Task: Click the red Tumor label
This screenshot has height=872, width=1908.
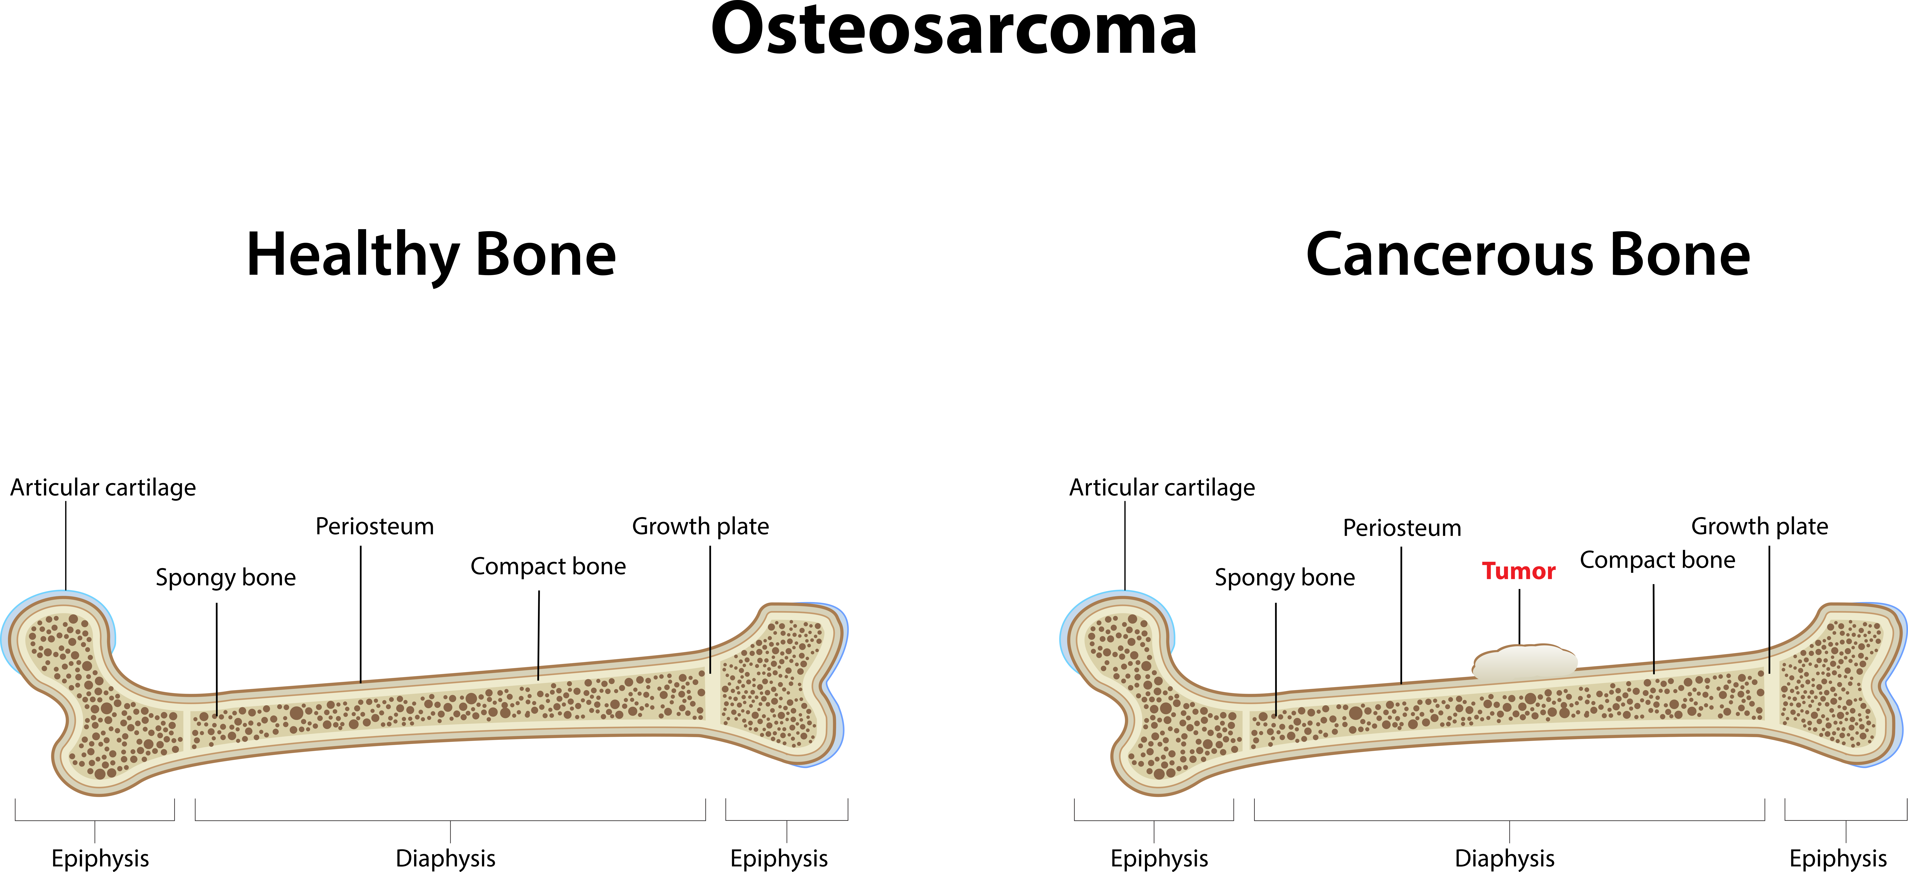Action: (1518, 571)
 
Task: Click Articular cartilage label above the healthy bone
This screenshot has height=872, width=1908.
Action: (103, 487)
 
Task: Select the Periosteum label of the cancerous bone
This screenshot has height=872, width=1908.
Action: (1402, 527)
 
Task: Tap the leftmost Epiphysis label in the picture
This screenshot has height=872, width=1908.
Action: (100, 859)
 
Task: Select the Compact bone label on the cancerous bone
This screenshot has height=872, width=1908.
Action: (1658, 560)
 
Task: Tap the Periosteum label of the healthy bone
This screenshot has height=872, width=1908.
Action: (375, 526)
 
